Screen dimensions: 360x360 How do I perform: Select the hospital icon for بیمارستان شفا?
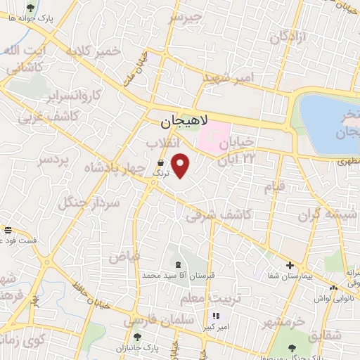[289, 264]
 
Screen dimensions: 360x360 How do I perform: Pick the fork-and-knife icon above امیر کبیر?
[216, 316]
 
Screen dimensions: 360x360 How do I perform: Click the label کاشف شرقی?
[212, 214]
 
